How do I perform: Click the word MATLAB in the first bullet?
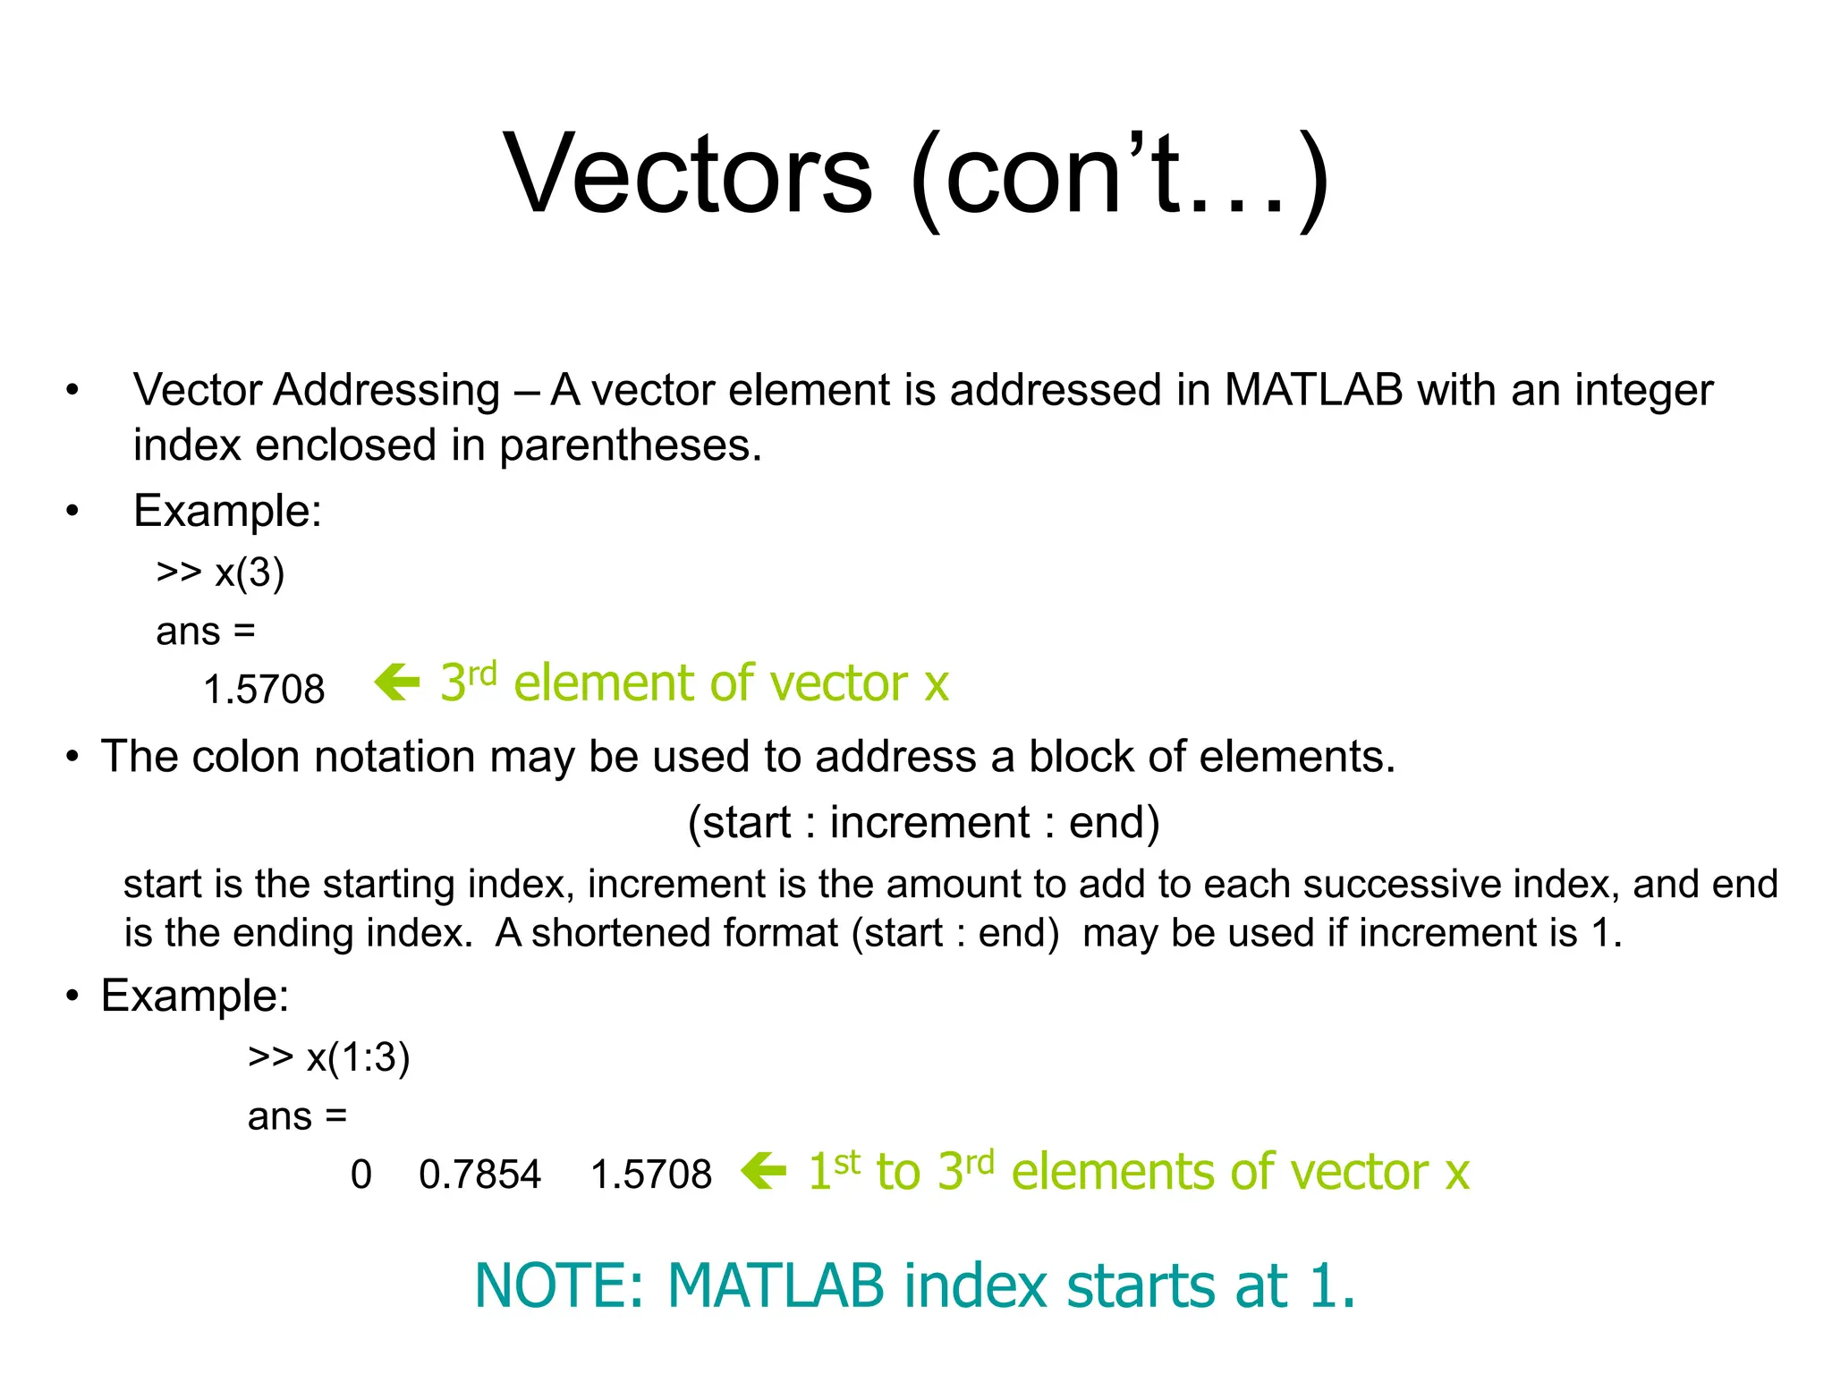(x=1312, y=391)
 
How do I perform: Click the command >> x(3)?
(x=220, y=572)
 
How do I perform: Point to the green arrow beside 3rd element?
(x=397, y=683)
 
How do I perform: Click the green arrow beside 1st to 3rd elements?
(x=764, y=1171)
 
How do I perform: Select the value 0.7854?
(x=479, y=1175)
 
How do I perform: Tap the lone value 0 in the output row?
(x=360, y=1175)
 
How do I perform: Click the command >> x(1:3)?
(x=328, y=1057)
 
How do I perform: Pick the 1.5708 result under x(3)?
(x=264, y=690)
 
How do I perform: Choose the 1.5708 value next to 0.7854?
(x=650, y=1175)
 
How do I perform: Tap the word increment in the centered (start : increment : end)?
(x=930, y=822)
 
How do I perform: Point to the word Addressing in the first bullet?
(x=386, y=391)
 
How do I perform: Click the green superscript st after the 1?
(x=847, y=1162)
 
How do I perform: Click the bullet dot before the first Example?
(x=72, y=512)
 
